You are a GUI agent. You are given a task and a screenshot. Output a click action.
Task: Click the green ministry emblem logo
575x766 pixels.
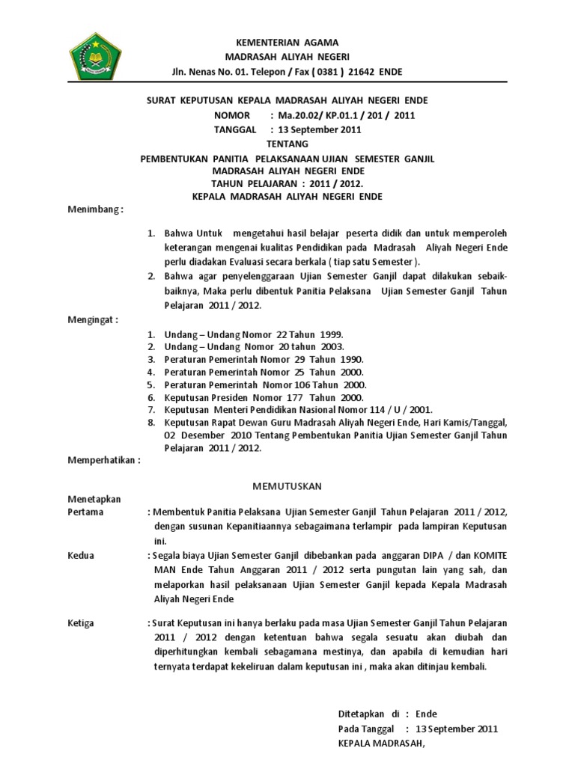(x=95, y=54)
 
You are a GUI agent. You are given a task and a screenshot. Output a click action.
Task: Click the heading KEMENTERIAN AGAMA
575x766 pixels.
(x=287, y=43)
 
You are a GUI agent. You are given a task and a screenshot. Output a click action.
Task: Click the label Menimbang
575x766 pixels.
(x=95, y=210)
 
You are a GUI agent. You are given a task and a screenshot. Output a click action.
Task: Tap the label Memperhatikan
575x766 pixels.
(x=103, y=461)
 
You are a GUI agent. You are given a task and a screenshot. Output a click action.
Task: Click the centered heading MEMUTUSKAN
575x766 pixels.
(x=287, y=486)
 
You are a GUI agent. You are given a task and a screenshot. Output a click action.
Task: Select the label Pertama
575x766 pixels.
(x=86, y=512)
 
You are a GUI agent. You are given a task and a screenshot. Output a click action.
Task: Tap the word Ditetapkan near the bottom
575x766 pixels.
(x=360, y=714)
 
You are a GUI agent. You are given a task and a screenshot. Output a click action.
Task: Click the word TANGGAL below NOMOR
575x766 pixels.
(x=235, y=129)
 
